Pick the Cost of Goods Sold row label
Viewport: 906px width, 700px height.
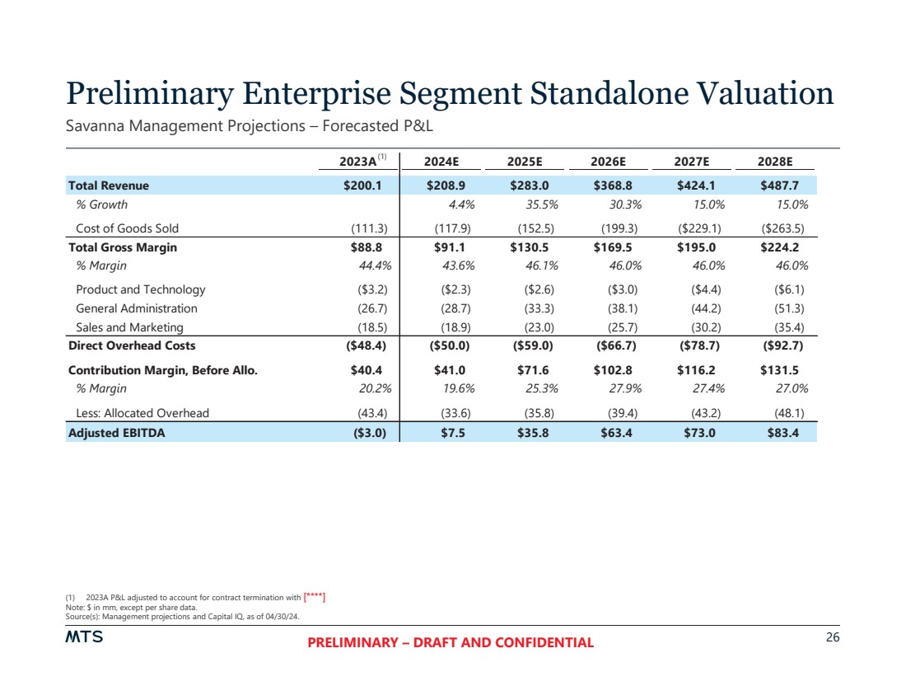click(x=127, y=228)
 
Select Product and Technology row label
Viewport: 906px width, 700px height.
click(x=140, y=289)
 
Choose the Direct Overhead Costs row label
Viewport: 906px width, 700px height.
click(x=131, y=345)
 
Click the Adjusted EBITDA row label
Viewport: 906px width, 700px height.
click(x=116, y=432)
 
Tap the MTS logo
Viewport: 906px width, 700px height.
click(x=84, y=637)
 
